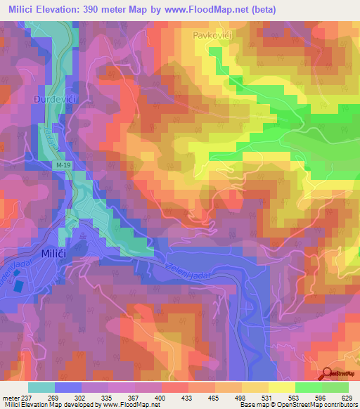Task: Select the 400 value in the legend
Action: [161, 397]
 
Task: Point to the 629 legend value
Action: [347, 397]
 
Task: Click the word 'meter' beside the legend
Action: [9, 397]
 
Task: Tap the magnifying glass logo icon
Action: [326, 374]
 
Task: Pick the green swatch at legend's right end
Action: [335, 387]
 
